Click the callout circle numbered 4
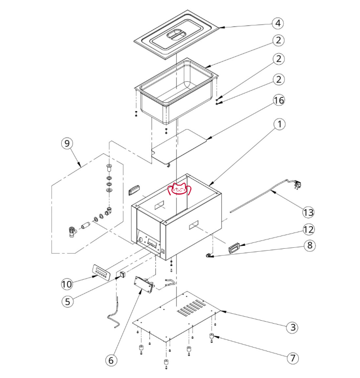pos(278,23)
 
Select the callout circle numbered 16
pos(278,100)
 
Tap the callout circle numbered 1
pos(278,124)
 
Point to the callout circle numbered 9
pos(67,143)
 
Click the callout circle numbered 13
pos(308,212)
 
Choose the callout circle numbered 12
pos(308,229)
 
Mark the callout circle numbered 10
pos(67,283)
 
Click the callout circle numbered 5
pos(67,301)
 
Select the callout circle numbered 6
pos(111,360)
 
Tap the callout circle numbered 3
pos(292,327)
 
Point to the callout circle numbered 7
pos(292,358)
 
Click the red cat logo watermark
pos(179,189)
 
